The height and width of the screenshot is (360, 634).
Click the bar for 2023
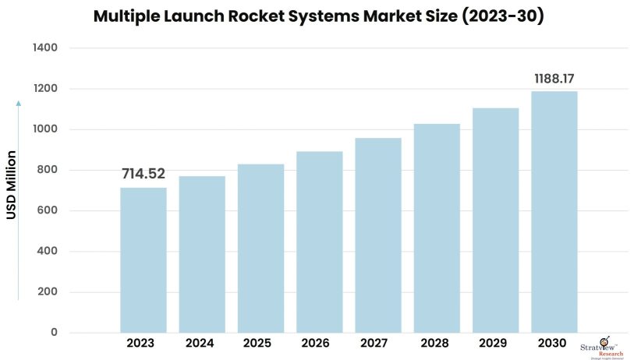coord(143,259)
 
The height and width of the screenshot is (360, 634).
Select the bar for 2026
coord(320,242)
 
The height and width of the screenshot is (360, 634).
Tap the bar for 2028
coord(437,228)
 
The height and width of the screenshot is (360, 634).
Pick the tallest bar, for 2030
coord(554,212)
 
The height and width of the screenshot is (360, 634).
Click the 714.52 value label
coord(143,174)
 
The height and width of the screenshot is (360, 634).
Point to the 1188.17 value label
coord(554,79)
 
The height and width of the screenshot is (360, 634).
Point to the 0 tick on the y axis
coord(54,333)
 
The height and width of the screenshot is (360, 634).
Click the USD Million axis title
coord(12,185)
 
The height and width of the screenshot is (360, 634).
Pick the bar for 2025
coord(260,248)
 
